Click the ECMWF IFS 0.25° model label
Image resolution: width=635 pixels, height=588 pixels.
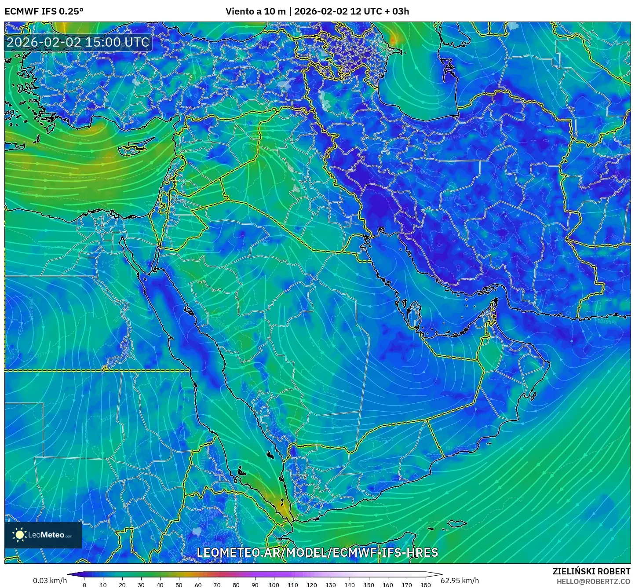(44, 11)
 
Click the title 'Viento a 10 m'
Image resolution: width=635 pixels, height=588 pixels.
(255, 11)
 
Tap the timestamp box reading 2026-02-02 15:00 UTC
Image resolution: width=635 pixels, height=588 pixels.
(78, 42)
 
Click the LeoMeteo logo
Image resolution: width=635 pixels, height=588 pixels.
(43, 535)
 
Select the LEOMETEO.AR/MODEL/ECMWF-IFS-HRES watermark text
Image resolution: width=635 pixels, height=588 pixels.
(317, 552)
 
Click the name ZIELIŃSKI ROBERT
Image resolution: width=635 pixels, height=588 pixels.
(591, 571)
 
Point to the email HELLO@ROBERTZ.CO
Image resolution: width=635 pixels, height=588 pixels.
(593, 581)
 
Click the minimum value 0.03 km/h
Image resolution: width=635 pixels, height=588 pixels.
(50, 581)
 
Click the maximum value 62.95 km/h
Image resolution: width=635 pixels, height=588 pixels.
(460, 581)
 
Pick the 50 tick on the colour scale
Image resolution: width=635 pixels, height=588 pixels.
(179, 584)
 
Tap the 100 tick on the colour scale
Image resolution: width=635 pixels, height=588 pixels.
(274, 584)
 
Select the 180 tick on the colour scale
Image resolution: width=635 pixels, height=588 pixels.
(425, 584)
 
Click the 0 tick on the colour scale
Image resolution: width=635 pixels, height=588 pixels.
(84, 584)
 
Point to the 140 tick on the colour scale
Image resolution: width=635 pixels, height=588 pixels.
(350, 584)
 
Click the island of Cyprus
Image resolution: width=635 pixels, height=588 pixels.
(134, 148)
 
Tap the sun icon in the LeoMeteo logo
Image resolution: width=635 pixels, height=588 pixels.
(19, 535)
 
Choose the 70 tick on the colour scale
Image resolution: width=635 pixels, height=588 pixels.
(217, 584)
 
